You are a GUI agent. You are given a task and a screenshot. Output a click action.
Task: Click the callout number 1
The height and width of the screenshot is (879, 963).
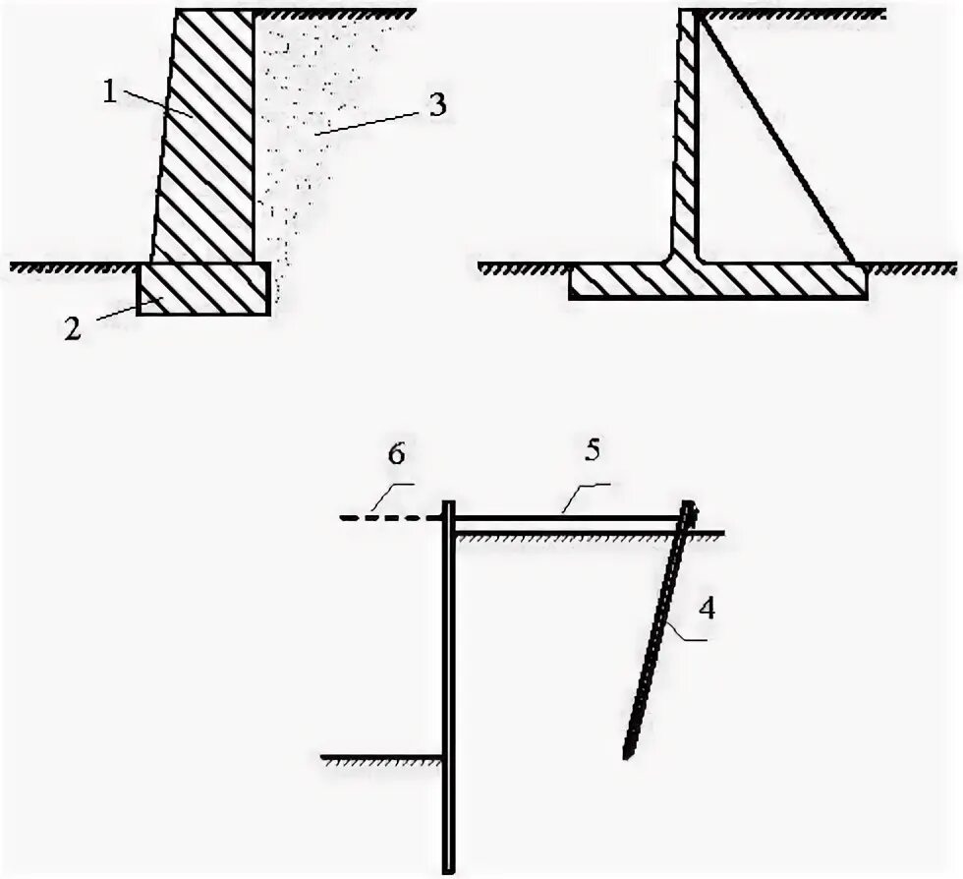click(109, 91)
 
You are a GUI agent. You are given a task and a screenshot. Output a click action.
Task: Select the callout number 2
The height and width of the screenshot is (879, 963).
click(73, 328)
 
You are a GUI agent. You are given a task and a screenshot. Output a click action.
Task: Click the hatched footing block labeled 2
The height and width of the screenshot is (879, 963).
click(202, 288)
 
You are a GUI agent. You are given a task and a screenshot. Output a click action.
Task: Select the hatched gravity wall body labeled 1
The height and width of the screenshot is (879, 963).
click(206, 138)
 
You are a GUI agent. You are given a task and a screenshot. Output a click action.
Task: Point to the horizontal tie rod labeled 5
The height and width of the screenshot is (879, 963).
click(570, 517)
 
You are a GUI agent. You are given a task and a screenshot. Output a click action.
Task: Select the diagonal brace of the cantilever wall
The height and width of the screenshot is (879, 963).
click(776, 138)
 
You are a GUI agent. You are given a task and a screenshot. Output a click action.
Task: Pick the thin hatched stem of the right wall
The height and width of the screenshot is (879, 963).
click(686, 138)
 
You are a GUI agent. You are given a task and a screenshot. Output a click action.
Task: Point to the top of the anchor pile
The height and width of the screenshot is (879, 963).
click(691, 508)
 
